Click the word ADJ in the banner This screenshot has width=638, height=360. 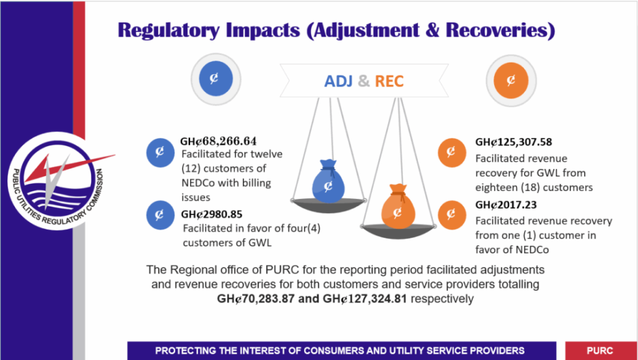pyautogui.click(x=338, y=81)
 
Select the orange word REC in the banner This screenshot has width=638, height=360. pyautogui.click(x=389, y=81)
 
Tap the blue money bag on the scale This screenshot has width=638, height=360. pyautogui.click(x=328, y=181)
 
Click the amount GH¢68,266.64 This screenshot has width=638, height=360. pyautogui.click(x=219, y=141)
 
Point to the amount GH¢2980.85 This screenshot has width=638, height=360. pyautogui.click(x=212, y=214)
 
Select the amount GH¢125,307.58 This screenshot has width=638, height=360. pyautogui.click(x=514, y=142)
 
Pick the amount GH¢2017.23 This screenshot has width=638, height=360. pyautogui.click(x=506, y=205)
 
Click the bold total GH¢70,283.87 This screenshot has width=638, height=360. pyautogui.click(x=255, y=299)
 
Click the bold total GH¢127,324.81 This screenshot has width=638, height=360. pyautogui.click(x=364, y=299)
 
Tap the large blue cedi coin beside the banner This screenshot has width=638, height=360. pyautogui.click(x=216, y=79)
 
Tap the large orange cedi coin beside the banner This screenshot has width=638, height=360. pyautogui.click(x=510, y=81)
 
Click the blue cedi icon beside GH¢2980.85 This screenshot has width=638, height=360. pyautogui.click(x=160, y=215)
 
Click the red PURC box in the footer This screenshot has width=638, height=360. pyautogui.click(x=601, y=350)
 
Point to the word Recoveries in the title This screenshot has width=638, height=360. pyautogui.click(x=500, y=31)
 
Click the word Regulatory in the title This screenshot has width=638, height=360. pyautogui.click(x=168, y=31)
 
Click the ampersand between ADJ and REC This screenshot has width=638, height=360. pyautogui.click(x=364, y=81)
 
